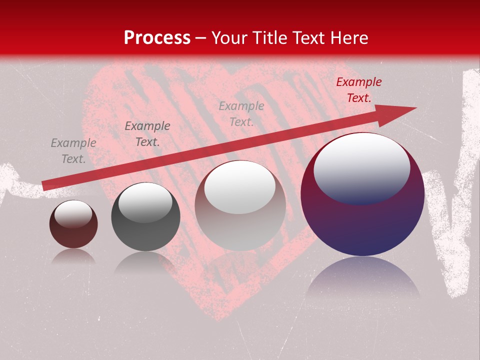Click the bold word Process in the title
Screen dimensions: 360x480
[157, 38]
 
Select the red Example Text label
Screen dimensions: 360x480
[358, 90]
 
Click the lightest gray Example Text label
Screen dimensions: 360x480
[241, 113]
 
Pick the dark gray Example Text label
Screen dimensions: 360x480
[147, 134]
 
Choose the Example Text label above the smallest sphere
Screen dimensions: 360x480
[73, 151]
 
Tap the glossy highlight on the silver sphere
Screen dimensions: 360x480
[240, 187]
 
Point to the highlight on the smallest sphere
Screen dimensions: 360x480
[73, 214]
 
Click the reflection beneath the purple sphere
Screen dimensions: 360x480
[363, 277]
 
